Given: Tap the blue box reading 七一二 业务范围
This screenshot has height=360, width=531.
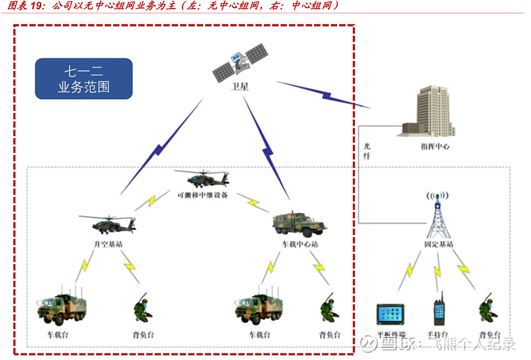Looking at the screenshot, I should click(84, 78).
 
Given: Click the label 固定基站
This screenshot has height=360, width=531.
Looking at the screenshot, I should click(439, 244).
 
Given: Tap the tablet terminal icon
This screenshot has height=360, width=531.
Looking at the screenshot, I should click(391, 313).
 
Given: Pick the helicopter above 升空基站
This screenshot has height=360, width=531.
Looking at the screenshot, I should click(107, 224).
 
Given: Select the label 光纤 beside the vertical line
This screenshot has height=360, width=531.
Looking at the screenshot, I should click(366, 150).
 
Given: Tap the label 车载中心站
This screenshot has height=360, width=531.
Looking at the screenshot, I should click(300, 244).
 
